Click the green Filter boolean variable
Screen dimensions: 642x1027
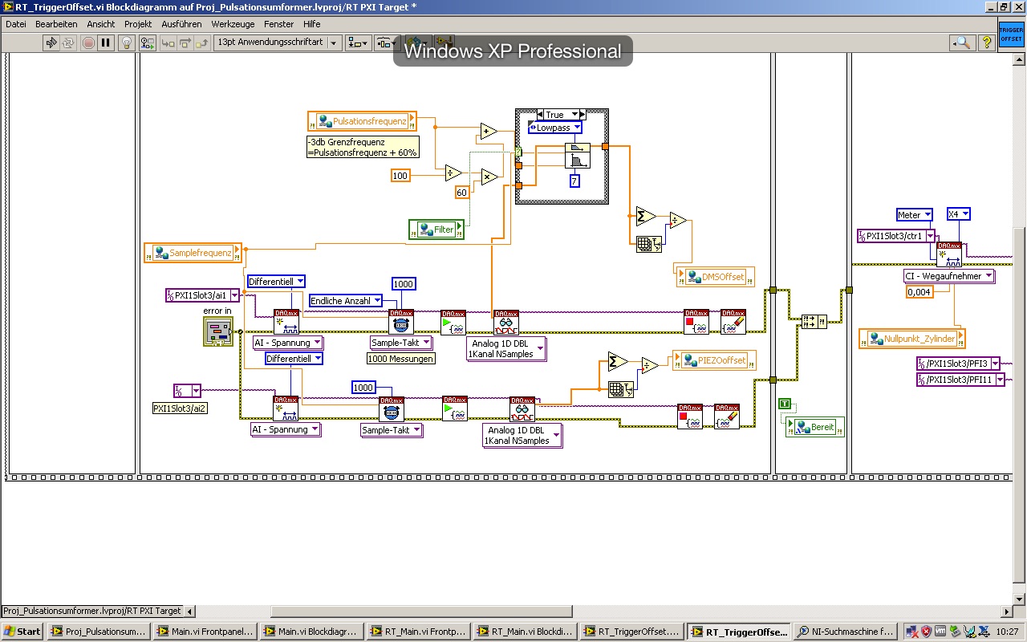point(436,230)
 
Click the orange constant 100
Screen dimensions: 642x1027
point(400,175)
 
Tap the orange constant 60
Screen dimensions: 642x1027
point(461,193)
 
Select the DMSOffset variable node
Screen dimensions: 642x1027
point(716,277)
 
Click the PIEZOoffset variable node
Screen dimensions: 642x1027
point(715,360)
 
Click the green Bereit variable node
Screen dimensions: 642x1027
point(815,427)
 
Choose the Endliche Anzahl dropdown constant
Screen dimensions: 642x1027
point(346,301)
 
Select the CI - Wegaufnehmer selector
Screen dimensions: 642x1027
point(949,276)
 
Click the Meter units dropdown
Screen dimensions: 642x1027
point(914,215)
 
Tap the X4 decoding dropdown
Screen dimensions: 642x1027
point(958,214)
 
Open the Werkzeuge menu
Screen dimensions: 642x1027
point(233,24)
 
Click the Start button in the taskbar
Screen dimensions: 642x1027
point(22,632)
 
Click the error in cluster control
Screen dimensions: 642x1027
point(217,331)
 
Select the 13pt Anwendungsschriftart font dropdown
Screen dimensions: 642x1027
point(278,43)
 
